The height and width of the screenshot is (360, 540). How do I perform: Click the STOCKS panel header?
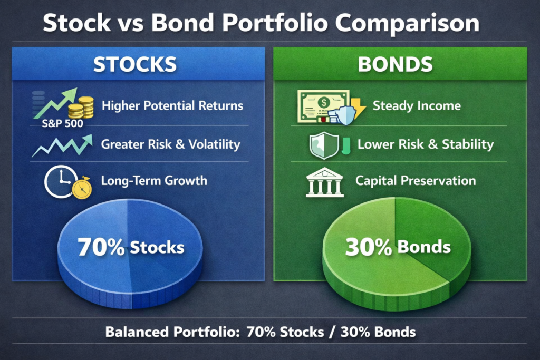click(x=134, y=64)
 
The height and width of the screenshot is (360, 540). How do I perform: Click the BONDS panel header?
click(x=396, y=64)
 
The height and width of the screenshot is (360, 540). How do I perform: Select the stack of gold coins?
click(x=82, y=107)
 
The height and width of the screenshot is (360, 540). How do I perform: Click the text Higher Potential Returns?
click(x=172, y=105)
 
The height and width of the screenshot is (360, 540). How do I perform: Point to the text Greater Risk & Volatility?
click(x=170, y=144)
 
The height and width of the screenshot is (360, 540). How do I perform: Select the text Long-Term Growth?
click(x=154, y=181)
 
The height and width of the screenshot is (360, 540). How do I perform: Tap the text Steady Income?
click(x=417, y=105)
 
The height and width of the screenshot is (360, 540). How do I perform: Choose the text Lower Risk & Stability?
click(x=425, y=144)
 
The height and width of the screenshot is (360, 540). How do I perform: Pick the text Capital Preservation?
click(x=416, y=181)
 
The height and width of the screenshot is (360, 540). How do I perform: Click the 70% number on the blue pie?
click(x=101, y=247)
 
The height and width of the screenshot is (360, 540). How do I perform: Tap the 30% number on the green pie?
click(x=367, y=247)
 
